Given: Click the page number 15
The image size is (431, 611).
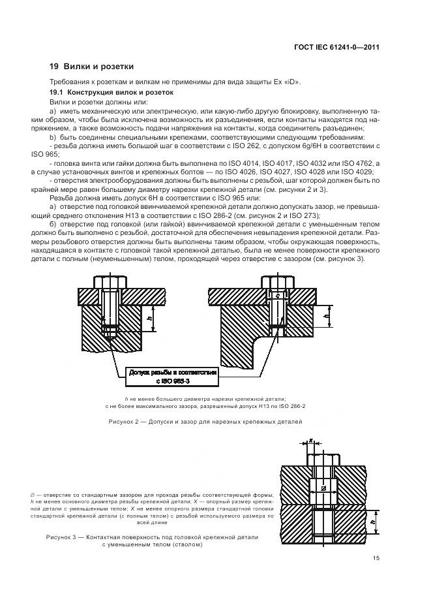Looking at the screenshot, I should click(x=376, y=558).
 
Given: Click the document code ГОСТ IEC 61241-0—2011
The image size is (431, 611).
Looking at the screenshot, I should click(x=338, y=46).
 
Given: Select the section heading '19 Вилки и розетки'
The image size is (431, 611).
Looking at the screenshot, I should click(x=91, y=67).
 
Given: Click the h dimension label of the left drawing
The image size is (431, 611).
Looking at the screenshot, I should click(x=149, y=319).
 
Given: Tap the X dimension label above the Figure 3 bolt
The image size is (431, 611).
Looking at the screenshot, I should click(x=312, y=441).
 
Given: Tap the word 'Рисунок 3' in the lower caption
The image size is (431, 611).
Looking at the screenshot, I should click(x=62, y=537).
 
